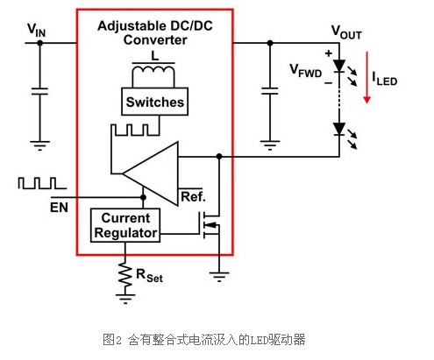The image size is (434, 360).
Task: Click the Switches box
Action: pos(154,102)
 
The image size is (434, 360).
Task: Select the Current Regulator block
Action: pos(125,225)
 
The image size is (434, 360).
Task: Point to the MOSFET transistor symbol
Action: pos(210,225)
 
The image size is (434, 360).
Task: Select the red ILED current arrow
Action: pos(366,77)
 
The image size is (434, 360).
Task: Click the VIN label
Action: pos(37,30)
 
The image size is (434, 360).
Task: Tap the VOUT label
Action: pos(346,32)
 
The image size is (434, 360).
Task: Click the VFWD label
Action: pos(306,71)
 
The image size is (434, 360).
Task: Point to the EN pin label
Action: pos(59,208)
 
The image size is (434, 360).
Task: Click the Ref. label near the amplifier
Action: pos(193,197)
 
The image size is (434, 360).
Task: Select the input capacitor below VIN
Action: pos(39,91)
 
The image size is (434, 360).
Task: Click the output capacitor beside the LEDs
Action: pos(270,91)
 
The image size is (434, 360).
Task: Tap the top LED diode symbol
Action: pos(339,66)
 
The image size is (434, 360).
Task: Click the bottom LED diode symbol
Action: pos(339,129)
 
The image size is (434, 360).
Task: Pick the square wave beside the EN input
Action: pos(42,183)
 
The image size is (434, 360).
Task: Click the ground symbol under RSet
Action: pos(125,299)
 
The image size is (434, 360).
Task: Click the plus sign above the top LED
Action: pos(329,53)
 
